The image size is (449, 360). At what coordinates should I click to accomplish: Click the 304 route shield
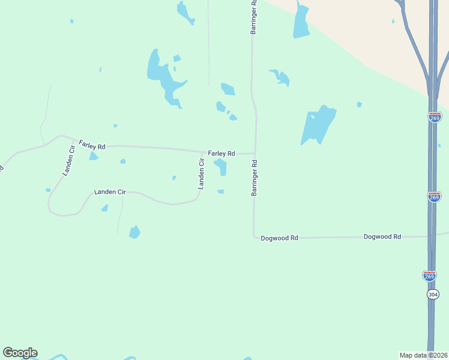[433, 295]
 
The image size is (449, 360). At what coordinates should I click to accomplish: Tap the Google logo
[20, 353]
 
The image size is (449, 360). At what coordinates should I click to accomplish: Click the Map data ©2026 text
[423, 355]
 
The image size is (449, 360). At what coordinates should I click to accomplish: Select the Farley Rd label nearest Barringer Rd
[221, 154]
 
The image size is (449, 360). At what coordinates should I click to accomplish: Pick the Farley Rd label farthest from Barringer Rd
[92, 145]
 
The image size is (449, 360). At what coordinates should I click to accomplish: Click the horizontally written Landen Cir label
[110, 192]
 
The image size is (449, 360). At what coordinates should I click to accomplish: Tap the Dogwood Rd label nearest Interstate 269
[382, 237]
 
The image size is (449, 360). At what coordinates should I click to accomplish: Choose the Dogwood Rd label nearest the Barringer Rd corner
[279, 238]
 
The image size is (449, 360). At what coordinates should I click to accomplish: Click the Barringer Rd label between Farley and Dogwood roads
[255, 178]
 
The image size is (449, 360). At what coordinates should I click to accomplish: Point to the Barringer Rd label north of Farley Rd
[254, 17]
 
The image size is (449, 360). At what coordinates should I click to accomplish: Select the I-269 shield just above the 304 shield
[429, 275]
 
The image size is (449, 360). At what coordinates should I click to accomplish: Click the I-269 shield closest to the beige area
[435, 116]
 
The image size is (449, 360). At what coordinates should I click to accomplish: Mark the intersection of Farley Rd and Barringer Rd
[255, 153]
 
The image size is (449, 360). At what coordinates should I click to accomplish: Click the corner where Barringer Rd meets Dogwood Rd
[255, 236]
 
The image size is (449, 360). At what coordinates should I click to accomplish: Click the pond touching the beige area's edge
[301, 23]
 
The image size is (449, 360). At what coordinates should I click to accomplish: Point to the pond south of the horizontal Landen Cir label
[134, 232]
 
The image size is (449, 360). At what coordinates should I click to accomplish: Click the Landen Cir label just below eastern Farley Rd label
[202, 174]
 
